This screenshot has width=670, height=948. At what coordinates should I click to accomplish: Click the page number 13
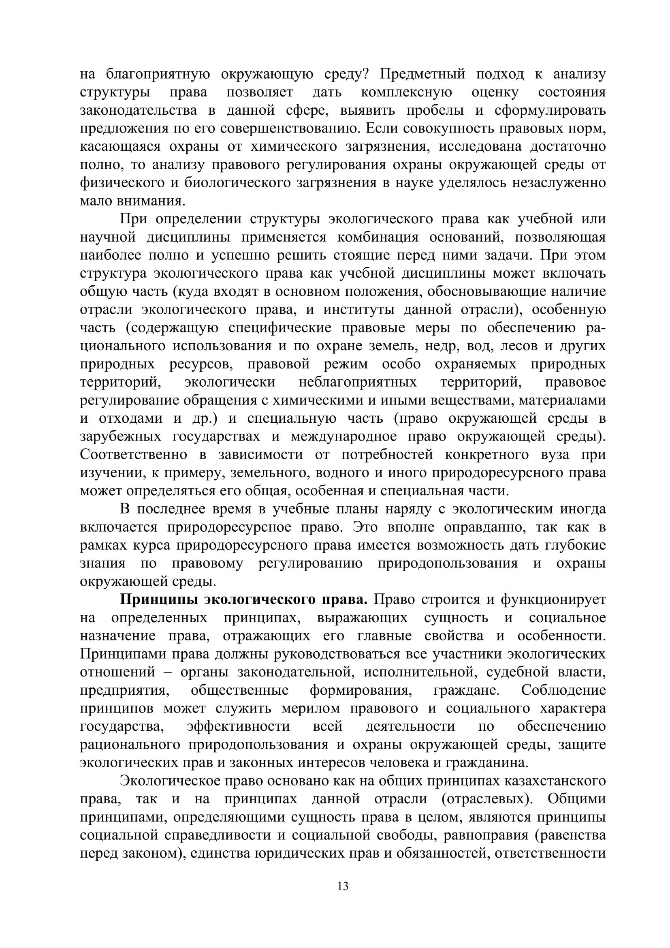pyautogui.click(x=343, y=886)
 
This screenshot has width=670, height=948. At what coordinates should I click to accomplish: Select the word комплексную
pyautogui.click(x=406, y=92)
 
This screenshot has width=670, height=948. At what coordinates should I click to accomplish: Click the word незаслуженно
pyautogui.click(x=559, y=183)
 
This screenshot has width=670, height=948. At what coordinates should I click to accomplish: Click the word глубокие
pyautogui.click(x=575, y=546)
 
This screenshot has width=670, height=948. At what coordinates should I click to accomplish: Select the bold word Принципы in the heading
pyautogui.click(x=156, y=600)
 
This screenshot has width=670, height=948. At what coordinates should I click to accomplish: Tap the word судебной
pyautogui.click(x=516, y=672)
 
